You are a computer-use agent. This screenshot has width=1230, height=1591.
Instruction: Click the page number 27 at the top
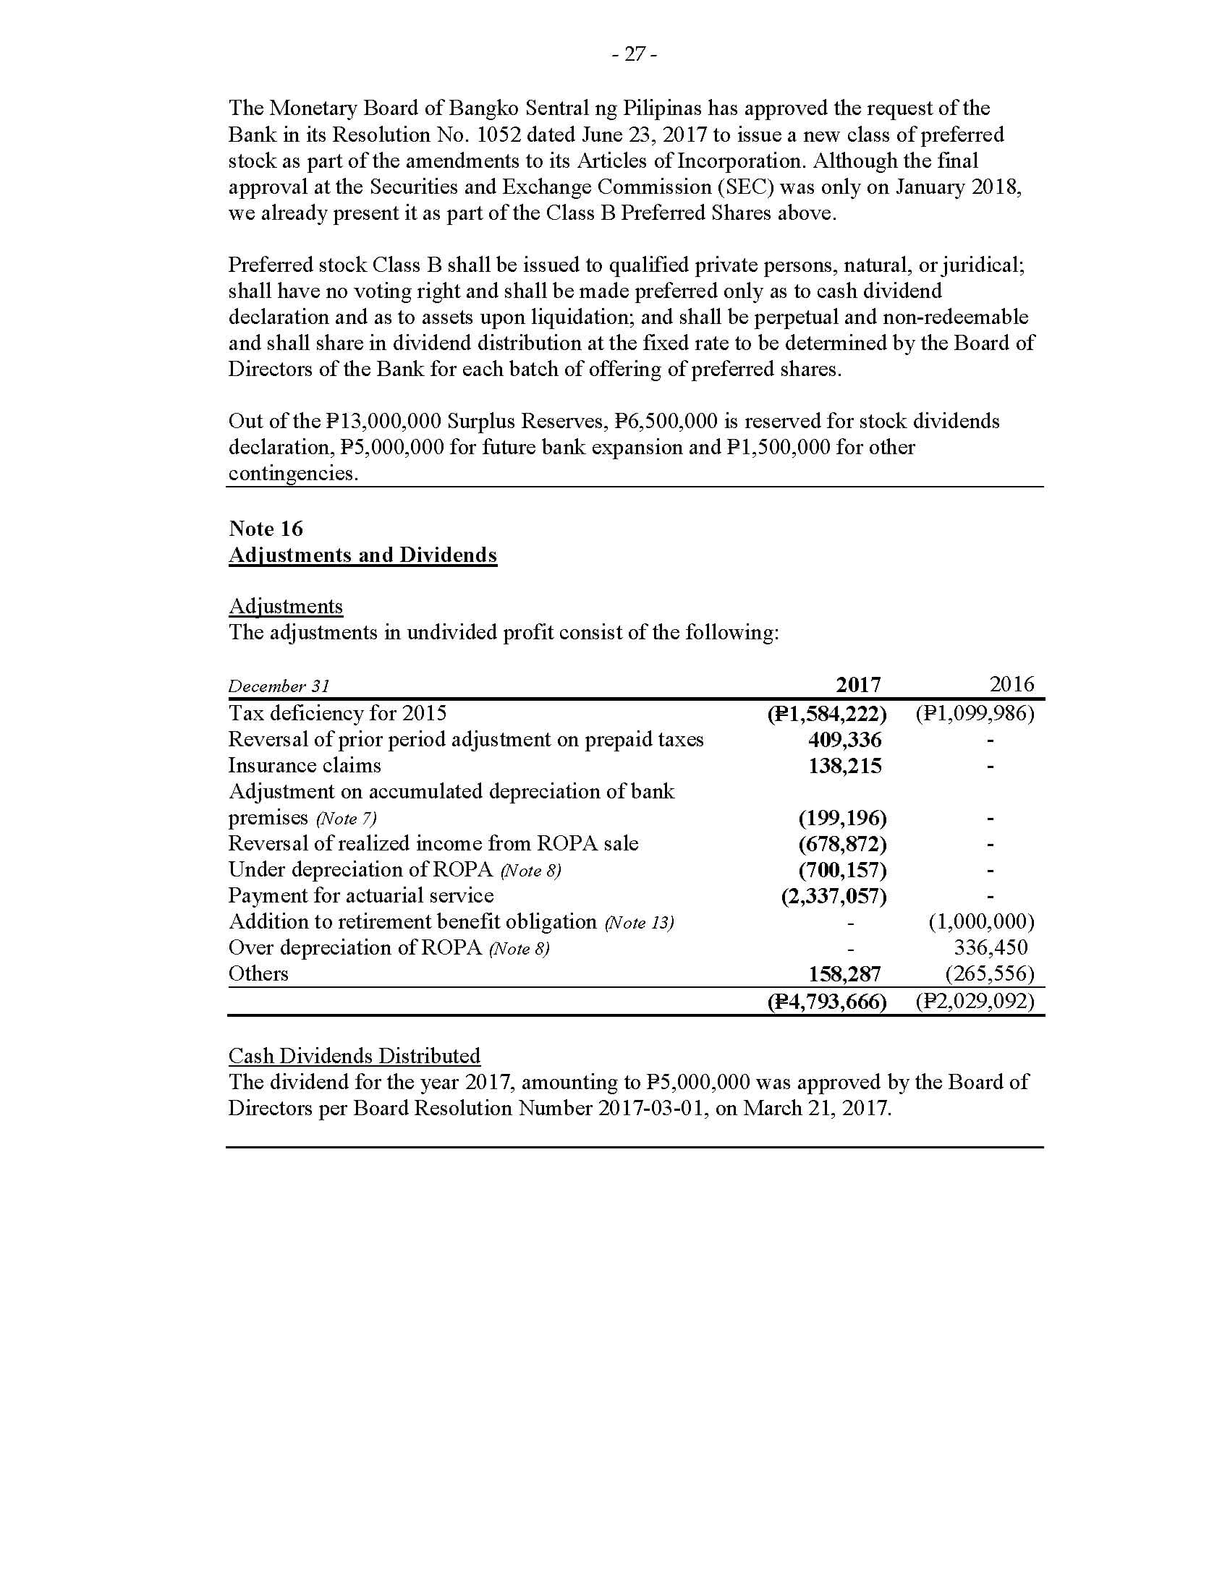coord(635,55)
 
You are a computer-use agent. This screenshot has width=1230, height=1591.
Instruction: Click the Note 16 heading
coord(266,528)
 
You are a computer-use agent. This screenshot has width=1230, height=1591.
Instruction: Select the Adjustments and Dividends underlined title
coord(362,555)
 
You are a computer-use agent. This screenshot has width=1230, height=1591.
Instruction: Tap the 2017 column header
coord(857,685)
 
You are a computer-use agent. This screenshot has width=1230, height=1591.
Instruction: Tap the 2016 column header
coord(1011,684)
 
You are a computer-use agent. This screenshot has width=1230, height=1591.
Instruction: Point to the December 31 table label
coord(279,686)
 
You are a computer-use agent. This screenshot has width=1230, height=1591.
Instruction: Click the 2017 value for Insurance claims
coord(844,766)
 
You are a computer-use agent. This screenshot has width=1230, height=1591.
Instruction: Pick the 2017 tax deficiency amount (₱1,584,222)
coord(826,713)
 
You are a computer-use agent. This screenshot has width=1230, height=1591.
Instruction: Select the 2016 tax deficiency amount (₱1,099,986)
coord(975,713)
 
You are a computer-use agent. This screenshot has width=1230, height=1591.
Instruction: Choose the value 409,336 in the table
coord(844,740)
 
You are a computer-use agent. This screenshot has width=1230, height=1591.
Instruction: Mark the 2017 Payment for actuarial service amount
coord(834,896)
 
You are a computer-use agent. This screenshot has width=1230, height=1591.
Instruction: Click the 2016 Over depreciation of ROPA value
coord(991,948)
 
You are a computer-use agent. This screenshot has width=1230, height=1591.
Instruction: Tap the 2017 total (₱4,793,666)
coord(826,1002)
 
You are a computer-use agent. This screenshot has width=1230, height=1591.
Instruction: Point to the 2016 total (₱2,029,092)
coord(975,1002)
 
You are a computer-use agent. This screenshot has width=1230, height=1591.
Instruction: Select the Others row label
coord(258,974)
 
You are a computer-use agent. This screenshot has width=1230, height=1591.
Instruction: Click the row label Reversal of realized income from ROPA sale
coord(433,843)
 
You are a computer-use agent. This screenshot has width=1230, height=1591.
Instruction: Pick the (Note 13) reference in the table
coord(639,923)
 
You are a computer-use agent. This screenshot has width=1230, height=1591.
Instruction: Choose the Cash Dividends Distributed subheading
coord(354,1056)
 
